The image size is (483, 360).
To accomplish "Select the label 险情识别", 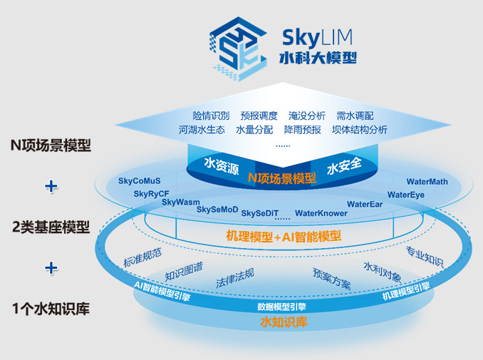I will pos(211,115).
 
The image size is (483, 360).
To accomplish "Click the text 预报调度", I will pos(259,115).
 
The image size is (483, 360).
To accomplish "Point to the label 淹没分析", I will pos(307,115).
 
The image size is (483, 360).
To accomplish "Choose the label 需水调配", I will pos(355,115).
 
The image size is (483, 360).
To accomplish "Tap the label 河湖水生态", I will pos(202,130).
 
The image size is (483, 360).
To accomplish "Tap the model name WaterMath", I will pos(427,182).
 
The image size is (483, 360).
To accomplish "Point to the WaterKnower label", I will pos(321,212).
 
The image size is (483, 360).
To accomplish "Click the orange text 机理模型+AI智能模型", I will pos(284,235).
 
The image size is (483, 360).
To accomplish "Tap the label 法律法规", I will pos(235,277).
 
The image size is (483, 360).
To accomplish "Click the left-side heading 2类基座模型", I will pos(51,227).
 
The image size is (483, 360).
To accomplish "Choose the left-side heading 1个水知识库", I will pos(51,309).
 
